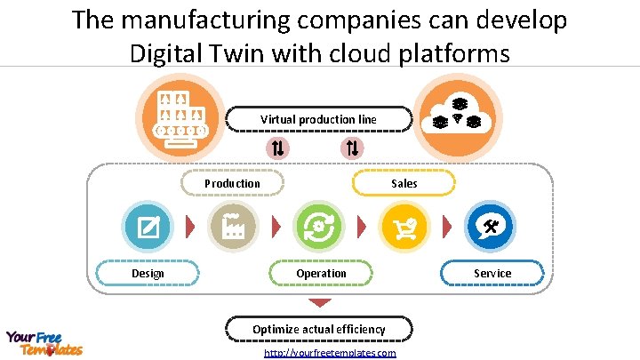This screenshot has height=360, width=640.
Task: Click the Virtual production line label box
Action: tap(318, 119)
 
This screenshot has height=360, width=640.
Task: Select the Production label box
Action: tap(232, 183)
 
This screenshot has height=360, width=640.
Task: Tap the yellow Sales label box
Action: tap(404, 183)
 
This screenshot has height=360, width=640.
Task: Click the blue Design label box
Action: tap(148, 273)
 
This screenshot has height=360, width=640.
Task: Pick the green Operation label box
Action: tap(321, 273)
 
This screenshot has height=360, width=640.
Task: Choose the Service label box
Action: tap(492, 273)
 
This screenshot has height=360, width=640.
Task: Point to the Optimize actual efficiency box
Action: tap(318, 329)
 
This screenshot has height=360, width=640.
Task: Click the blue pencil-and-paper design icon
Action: tap(148, 228)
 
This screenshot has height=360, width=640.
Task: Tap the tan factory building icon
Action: tap(232, 228)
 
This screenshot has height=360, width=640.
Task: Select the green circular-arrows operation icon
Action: tap(317, 228)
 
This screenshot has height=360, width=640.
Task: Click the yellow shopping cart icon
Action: tap(404, 228)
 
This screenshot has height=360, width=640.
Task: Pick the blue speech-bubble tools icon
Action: tap(489, 228)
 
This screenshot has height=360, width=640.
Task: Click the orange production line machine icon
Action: tap(181, 116)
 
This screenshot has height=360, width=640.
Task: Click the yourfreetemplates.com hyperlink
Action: tap(330, 353)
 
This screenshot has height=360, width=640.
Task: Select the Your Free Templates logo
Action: tap(44, 342)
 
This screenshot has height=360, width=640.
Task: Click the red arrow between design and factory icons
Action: tap(189, 228)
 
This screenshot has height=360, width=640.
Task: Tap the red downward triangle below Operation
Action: tap(318, 303)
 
